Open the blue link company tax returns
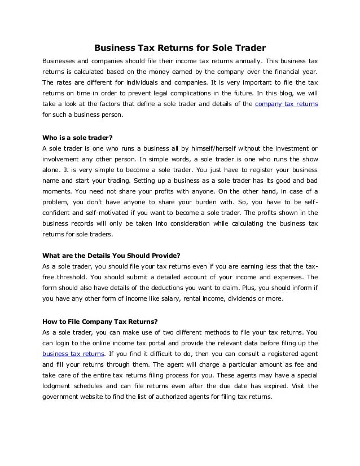click(x=287, y=104)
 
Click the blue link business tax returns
click(x=73, y=354)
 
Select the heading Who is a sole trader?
click(x=78, y=137)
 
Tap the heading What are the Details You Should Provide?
click(x=111, y=255)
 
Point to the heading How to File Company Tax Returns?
click(x=100, y=322)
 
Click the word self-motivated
click(x=100, y=213)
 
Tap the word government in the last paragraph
click(x=63, y=397)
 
